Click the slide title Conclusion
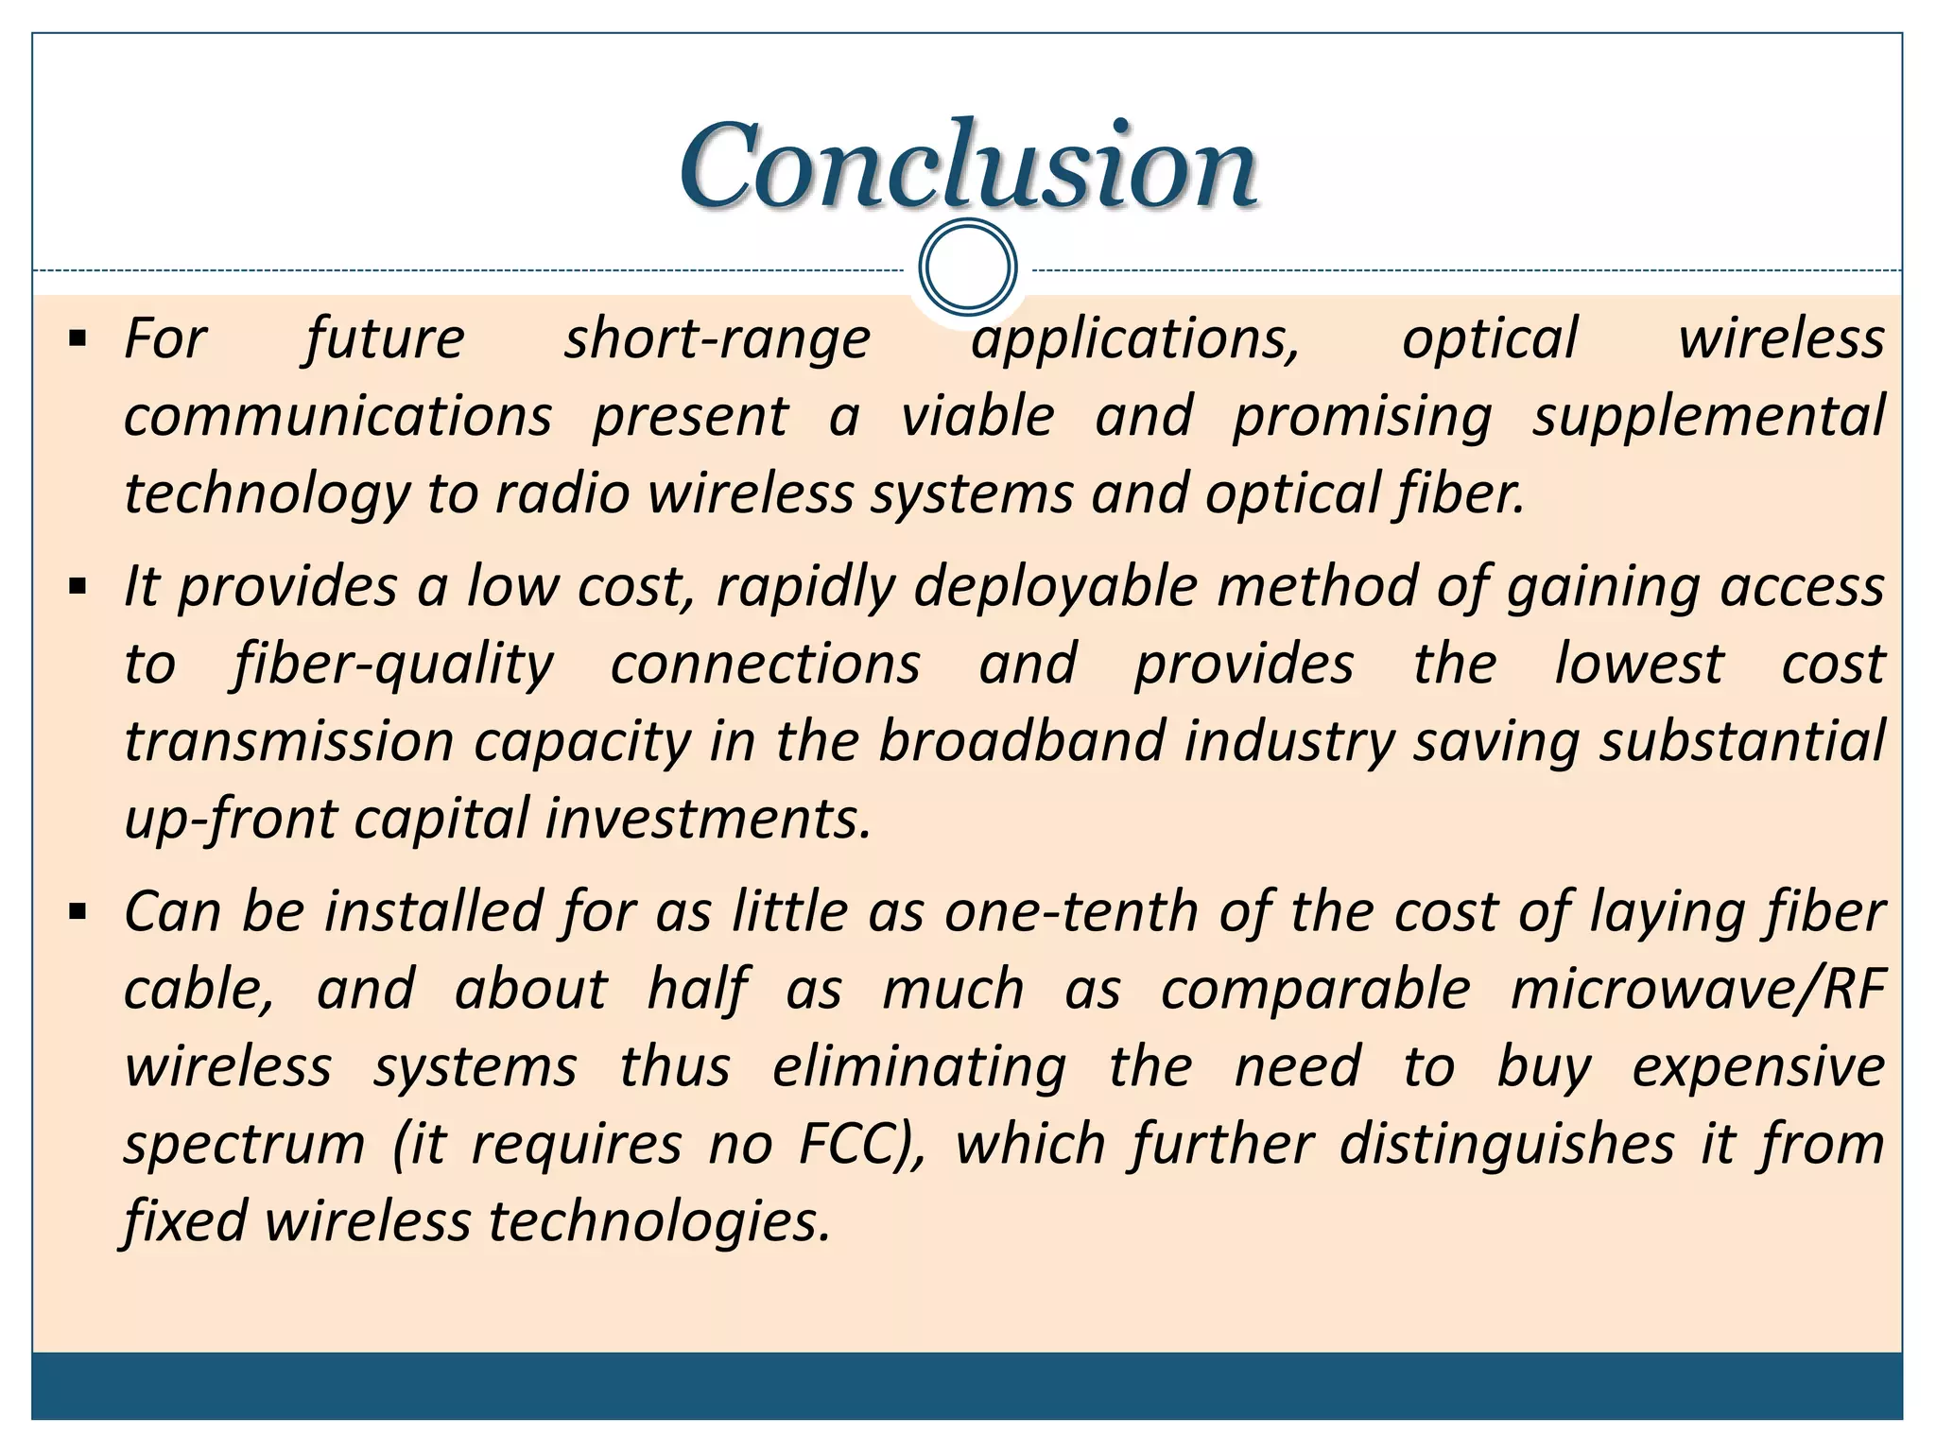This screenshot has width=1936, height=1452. tap(968, 165)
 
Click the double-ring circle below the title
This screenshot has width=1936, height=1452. tap(967, 267)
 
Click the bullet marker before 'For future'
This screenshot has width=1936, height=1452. tap(78, 338)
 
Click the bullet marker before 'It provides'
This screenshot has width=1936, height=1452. tap(78, 587)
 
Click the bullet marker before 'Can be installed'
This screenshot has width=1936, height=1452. tap(78, 912)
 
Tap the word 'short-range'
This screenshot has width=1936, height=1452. tap(717, 340)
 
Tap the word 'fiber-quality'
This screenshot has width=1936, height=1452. tap(392, 665)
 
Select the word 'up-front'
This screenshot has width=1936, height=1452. tap(231, 820)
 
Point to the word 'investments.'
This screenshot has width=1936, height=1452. tap(708, 820)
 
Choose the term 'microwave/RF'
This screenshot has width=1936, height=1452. tap(1698, 991)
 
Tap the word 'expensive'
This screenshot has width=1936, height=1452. tap(1758, 1068)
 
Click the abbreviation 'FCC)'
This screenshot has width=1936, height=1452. tap(861, 1145)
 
